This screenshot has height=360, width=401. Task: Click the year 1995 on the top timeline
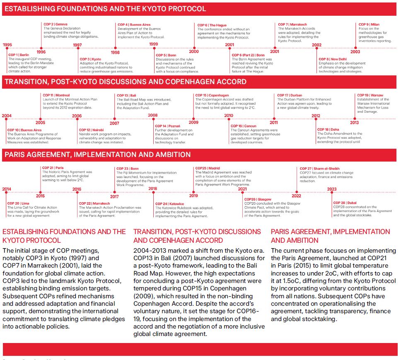point(7,44)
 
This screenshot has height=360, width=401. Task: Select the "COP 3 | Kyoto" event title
point(90,59)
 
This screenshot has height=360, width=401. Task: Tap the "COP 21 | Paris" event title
point(53,168)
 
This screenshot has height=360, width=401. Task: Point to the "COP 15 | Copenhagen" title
point(212,95)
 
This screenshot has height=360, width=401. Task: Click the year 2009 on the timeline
point(193,122)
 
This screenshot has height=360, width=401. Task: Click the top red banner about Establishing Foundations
point(199,9)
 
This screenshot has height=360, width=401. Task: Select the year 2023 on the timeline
point(331,189)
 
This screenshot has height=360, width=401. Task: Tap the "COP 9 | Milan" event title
point(369,24)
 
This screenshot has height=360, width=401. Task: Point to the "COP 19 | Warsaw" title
point(370,95)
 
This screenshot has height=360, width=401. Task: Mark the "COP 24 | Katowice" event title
point(169,204)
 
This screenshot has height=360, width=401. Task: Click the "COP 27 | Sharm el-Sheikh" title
point(319,169)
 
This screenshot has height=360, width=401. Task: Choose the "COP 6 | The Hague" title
point(212,25)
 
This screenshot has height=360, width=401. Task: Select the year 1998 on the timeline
point(115,52)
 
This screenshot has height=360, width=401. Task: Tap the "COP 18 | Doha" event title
point(328,130)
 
